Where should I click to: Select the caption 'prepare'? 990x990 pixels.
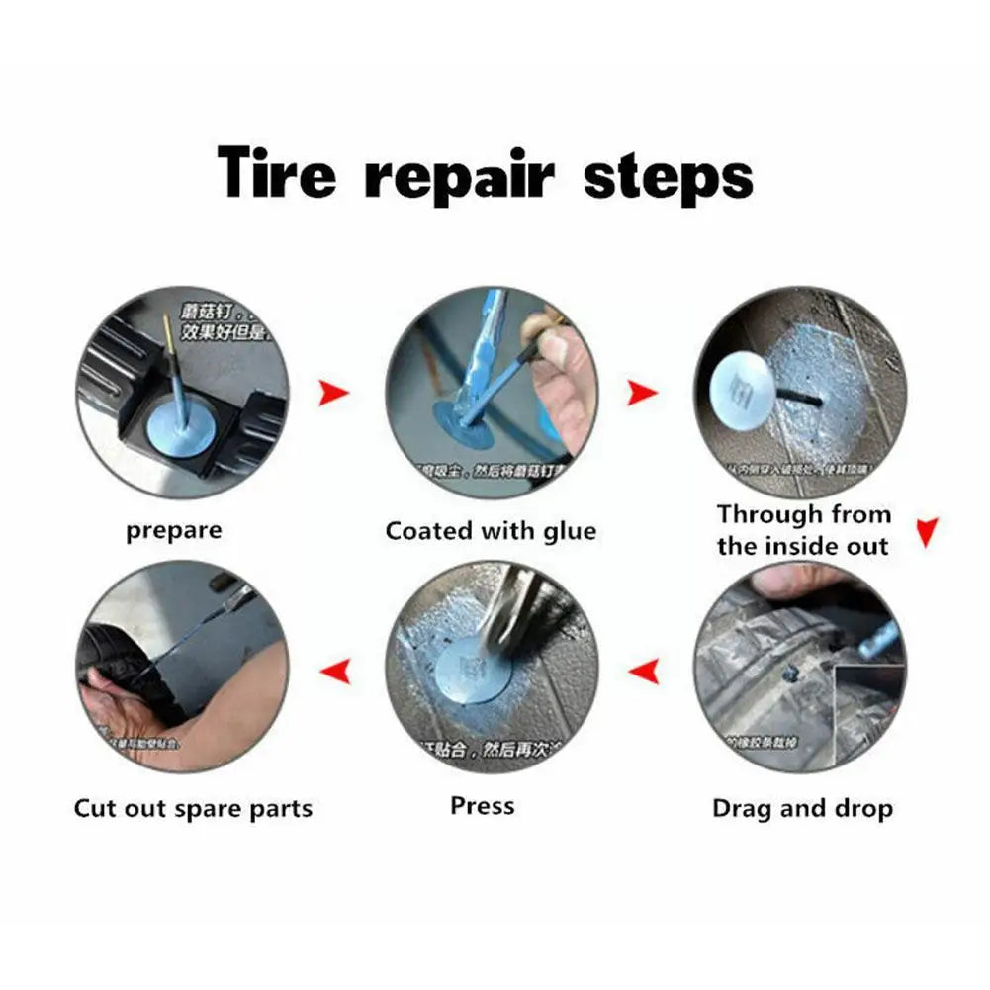pyautogui.click(x=174, y=531)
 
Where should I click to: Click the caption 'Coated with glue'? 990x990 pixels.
pyautogui.click(x=491, y=531)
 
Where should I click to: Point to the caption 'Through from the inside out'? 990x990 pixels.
pyautogui.click(x=803, y=530)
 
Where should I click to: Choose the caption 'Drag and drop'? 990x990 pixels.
pyautogui.click(x=802, y=808)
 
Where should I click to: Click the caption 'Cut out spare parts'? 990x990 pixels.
pyautogui.click(x=193, y=808)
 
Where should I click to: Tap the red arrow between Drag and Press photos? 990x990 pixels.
pyautogui.click(x=645, y=673)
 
